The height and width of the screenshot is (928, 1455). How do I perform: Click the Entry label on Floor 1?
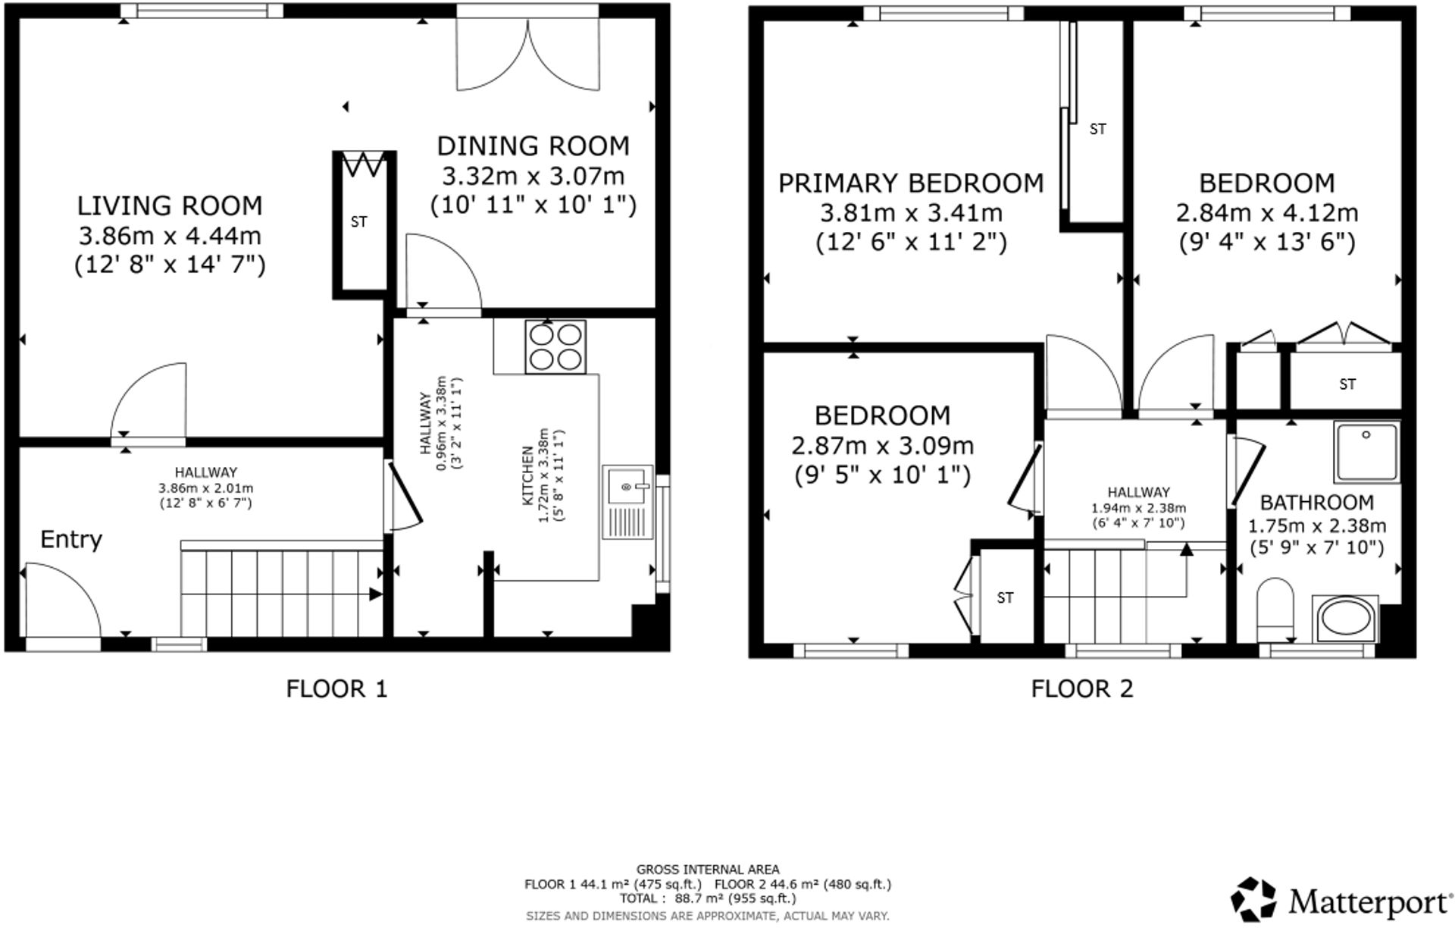70,540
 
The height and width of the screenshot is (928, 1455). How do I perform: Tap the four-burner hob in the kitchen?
555,346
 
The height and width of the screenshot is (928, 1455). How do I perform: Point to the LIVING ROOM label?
170,205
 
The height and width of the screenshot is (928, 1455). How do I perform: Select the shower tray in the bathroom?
1367,452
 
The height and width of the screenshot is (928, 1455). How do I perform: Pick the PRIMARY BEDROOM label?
911,183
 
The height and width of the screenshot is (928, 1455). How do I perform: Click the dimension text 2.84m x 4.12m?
1267,213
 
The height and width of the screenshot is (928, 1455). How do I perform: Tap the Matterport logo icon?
1253,899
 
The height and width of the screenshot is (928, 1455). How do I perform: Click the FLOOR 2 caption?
1081,688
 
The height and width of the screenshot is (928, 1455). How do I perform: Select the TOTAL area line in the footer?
707,898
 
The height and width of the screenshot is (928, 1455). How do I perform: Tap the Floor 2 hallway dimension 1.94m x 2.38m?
1138,508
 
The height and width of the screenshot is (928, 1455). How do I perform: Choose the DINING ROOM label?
533,146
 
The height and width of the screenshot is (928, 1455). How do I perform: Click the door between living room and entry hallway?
148,402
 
